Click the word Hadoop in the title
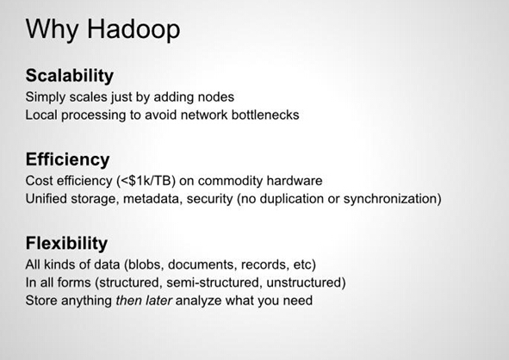[x=133, y=30]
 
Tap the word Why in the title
[x=52, y=30]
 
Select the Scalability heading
[x=70, y=77]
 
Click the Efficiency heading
[x=67, y=160]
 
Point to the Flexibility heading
[x=66, y=244]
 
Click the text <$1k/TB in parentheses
[x=146, y=181]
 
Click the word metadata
[x=152, y=199]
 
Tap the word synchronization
[x=390, y=199]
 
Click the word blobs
[x=145, y=265]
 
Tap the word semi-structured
[x=214, y=282]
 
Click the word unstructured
[x=303, y=282]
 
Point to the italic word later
[x=158, y=301]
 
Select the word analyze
[x=199, y=301]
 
